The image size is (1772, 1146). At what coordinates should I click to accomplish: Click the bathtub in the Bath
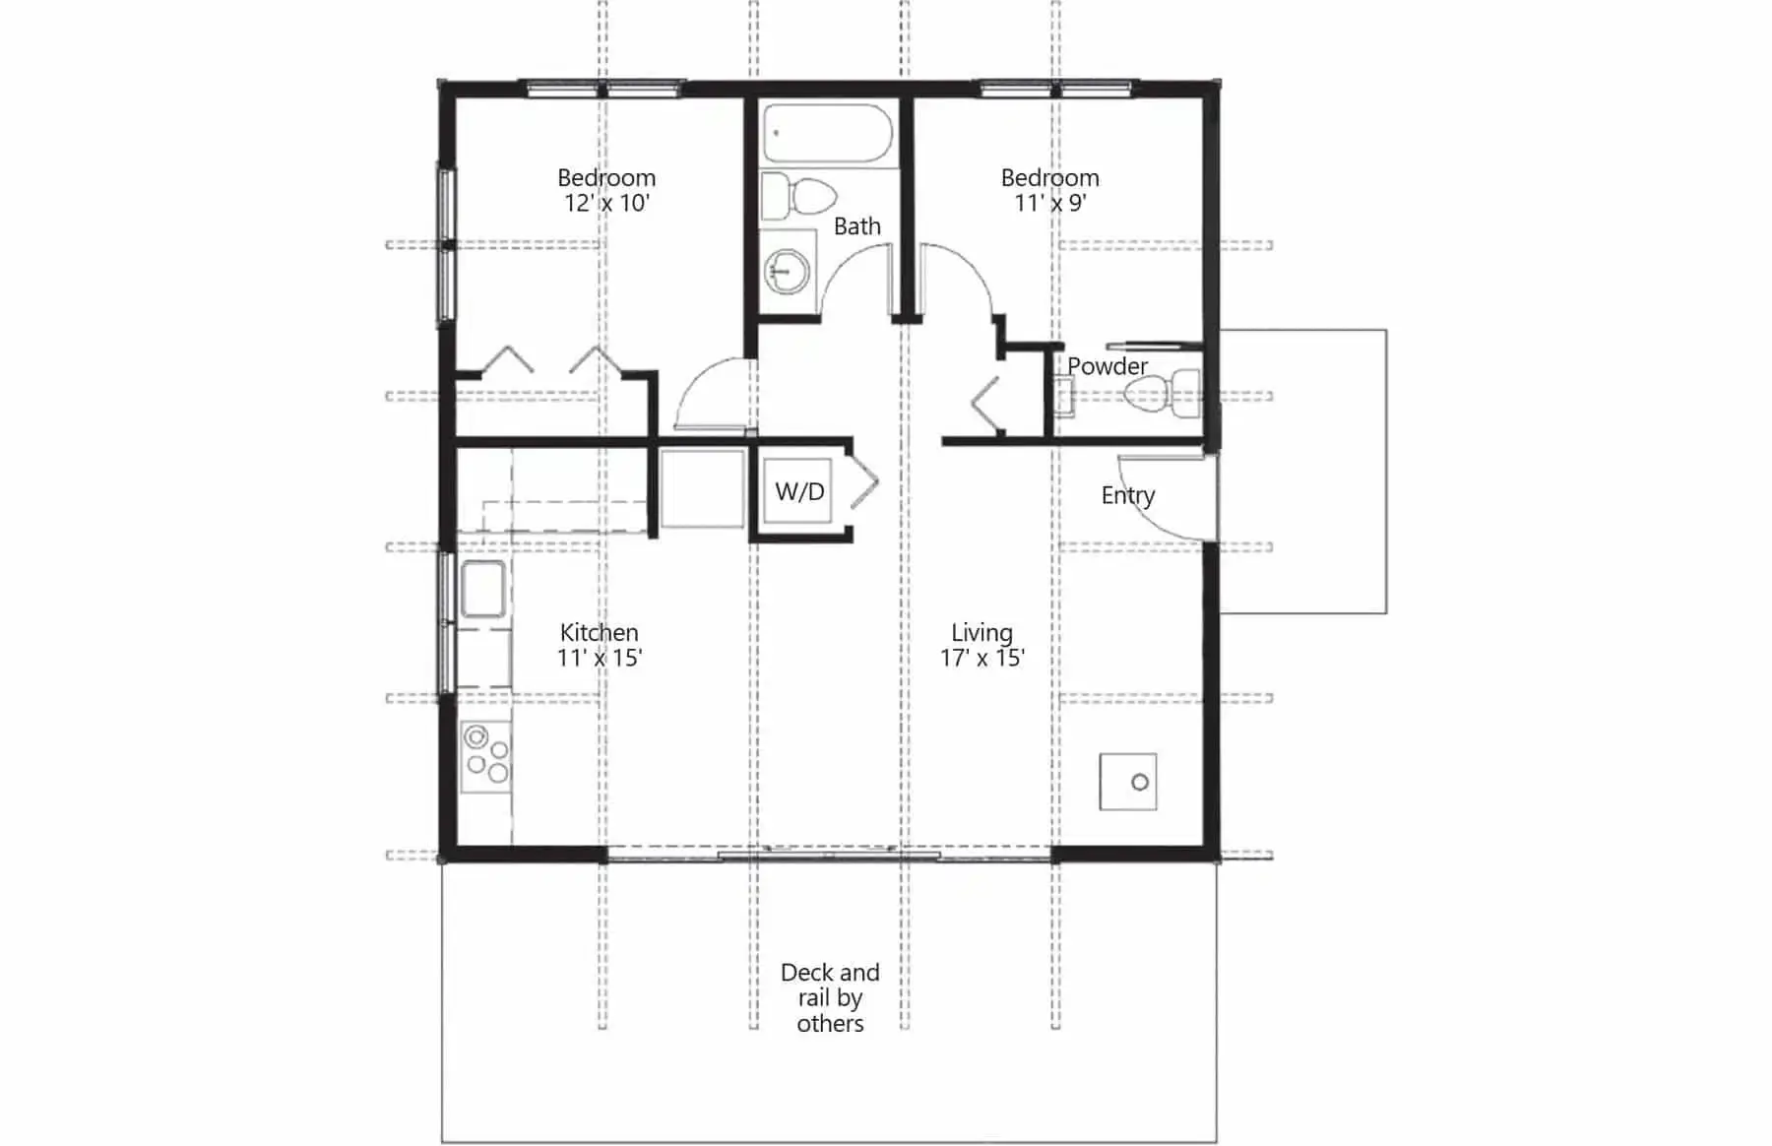[828, 133]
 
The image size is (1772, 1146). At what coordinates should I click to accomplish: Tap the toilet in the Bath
[799, 198]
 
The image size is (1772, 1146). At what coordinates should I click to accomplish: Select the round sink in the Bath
[788, 268]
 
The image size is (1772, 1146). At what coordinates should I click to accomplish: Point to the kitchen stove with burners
[485, 754]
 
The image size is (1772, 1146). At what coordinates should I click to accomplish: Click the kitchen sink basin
[482, 589]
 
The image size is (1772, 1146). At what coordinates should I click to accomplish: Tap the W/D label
[799, 491]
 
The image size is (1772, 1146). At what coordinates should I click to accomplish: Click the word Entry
[1128, 496]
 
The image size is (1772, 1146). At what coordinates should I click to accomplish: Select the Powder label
[1107, 366]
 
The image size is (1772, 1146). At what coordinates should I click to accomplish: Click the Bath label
[857, 226]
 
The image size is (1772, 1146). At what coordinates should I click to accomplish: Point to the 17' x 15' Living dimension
[982, 658]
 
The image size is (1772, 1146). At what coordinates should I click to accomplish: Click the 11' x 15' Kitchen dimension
[600, 658]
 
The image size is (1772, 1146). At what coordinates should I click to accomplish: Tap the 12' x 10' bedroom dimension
[606, 203]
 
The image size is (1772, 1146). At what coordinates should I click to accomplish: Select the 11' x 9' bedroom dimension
[1050, 203]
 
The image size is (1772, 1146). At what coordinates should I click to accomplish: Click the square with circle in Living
[1128, 782]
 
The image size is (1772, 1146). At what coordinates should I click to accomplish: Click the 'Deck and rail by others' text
[830, 998]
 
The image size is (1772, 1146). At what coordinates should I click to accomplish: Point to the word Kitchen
[600, 632]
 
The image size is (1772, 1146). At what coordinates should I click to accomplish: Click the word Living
[982, 633]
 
